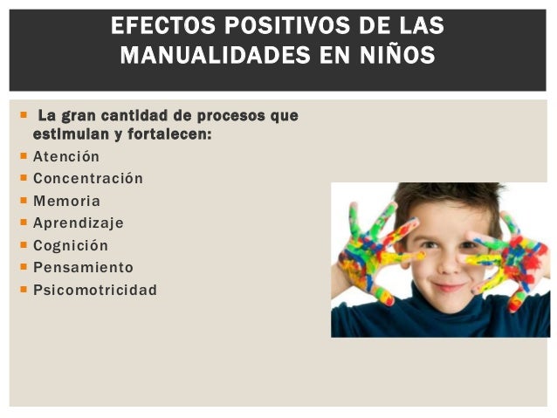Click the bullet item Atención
tap(66, 157)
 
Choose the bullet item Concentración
tap(87, 179)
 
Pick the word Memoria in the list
tap(66, 201)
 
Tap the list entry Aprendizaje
tap(78, 223)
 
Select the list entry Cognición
tap(71, 245)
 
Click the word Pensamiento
tap(83, 267)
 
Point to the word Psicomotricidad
tap(94, 290)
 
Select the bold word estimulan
tap(66, 135)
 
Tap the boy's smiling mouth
tap(446, 286)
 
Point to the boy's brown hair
tap(445, 196)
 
